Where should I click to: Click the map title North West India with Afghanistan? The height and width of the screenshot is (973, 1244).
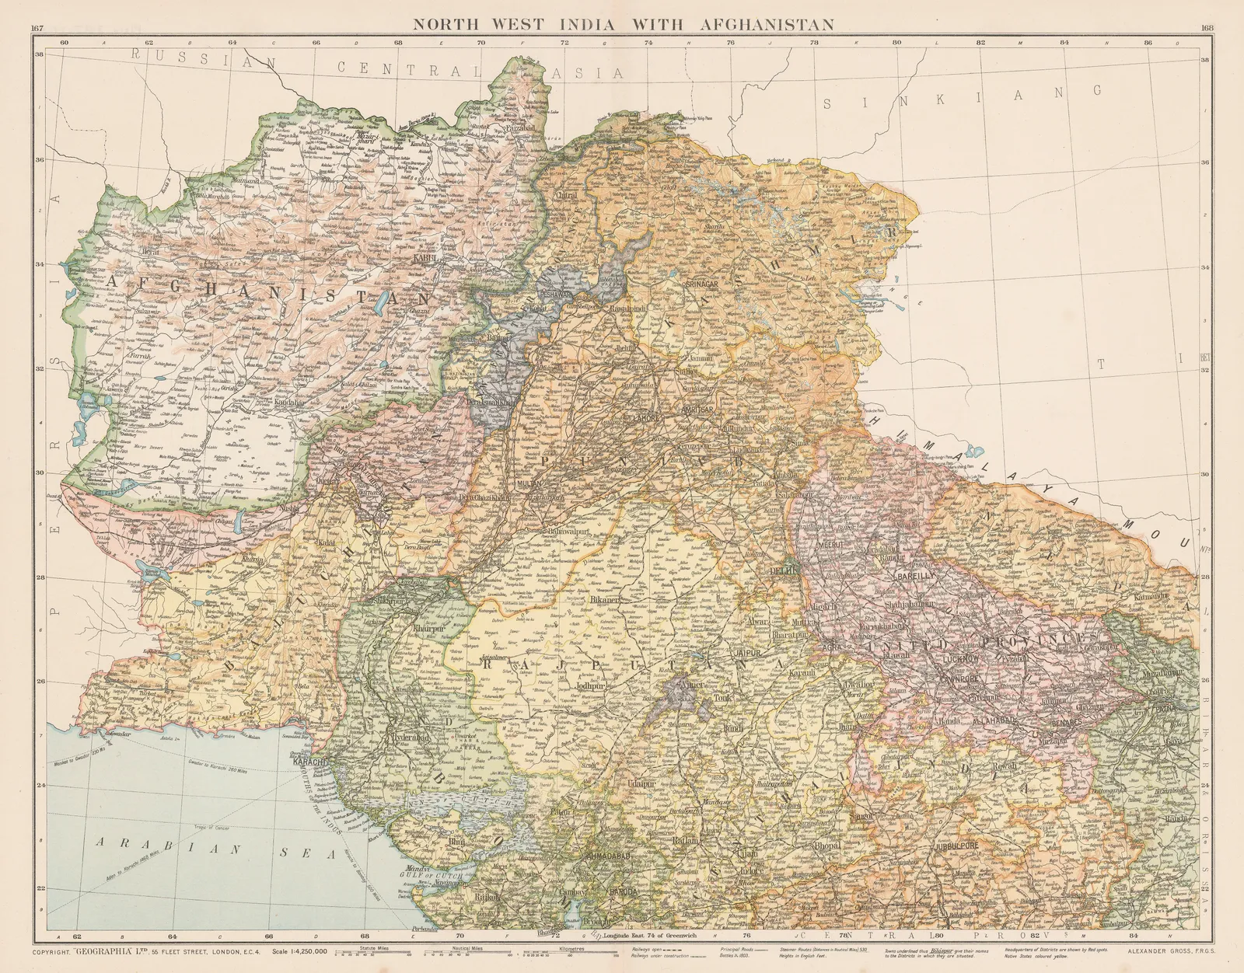click(x=623, y=24)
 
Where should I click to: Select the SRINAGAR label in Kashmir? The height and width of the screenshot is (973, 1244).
click(x=702, y=284)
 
